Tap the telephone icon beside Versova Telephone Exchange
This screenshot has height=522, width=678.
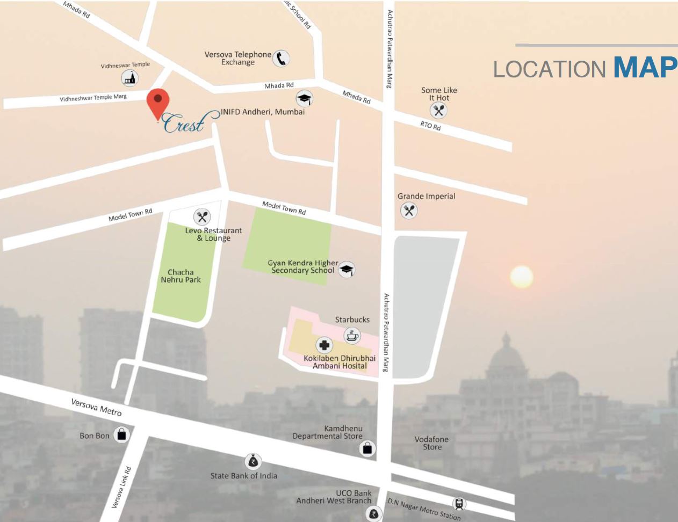click(280, 58)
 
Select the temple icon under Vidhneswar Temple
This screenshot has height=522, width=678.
click(129, 78)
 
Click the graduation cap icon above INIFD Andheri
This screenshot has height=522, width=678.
click(304, 98)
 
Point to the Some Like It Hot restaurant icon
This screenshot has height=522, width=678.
click(439, 111)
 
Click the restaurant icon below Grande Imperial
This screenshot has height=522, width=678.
click(409, 211)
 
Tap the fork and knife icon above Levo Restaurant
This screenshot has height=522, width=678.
click(202, 217)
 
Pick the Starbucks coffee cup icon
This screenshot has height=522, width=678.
click(352, 336)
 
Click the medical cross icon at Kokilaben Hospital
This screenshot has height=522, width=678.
click(324, 345)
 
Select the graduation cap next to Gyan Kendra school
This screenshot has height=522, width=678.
click(347, 269)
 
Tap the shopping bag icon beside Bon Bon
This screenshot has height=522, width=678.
click(122, 435)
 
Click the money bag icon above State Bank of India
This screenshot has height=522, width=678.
click(253, 461)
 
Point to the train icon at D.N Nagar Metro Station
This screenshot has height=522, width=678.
click(459, 504)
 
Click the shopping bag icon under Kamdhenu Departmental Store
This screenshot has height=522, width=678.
click(367, 448)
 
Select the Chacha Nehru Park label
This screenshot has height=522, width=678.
click(181, 276)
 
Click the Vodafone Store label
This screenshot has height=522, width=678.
click(431, 443)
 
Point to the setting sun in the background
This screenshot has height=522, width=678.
click(521, 277)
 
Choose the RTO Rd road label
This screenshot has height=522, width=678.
click(430, 126)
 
